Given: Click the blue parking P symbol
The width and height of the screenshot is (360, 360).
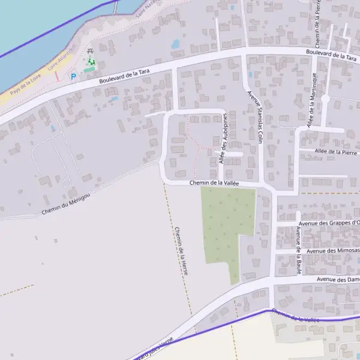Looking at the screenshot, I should pos(74,76).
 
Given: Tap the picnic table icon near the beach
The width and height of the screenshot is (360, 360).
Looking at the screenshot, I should pos(90,52).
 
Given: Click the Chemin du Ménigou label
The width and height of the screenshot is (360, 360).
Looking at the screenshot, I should pos(66,205).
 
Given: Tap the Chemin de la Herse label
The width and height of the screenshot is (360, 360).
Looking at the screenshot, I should pos(182,251).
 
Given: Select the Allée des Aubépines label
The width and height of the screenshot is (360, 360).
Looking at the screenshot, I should pos(223,138).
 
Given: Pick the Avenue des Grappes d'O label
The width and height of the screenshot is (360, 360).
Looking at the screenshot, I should pos(331,223).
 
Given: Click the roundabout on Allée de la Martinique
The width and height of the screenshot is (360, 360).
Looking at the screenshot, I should pos(325,98).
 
